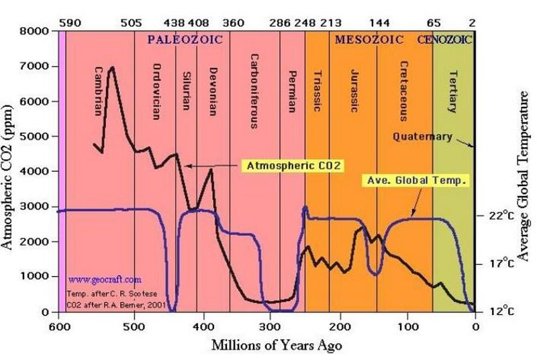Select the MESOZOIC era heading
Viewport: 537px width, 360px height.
(369, 40)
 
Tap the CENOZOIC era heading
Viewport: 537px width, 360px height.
(444, 40)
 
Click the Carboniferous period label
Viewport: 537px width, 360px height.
(254, 91)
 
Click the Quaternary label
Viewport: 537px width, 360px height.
(422, 137)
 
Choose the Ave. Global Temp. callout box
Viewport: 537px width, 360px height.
(415, 181)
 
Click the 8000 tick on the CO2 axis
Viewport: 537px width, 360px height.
(35, 32)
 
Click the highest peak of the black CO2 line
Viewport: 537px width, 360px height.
(111, 67)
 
